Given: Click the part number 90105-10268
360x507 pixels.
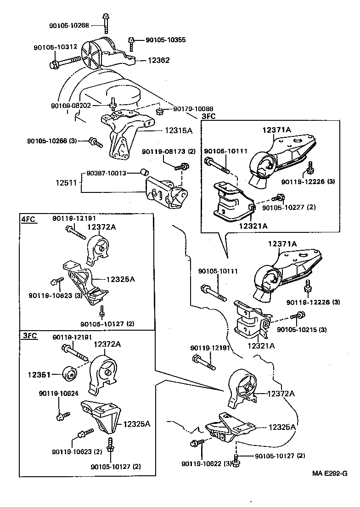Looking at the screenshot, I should pyautogui.click(x=69, y=25).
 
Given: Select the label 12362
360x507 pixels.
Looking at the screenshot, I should pyautogui.click(x=158, y=60).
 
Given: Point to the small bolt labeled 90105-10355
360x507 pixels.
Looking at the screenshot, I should pyautogui.click(x=131, y=43).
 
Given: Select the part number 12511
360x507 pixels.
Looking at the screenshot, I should pyautogui.click(x=67, y=182).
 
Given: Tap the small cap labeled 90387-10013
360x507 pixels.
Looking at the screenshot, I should pyautogui.click(x=144, y=172).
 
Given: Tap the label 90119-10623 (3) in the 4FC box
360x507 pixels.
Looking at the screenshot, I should pyautogui.click(x=55, y=295).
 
